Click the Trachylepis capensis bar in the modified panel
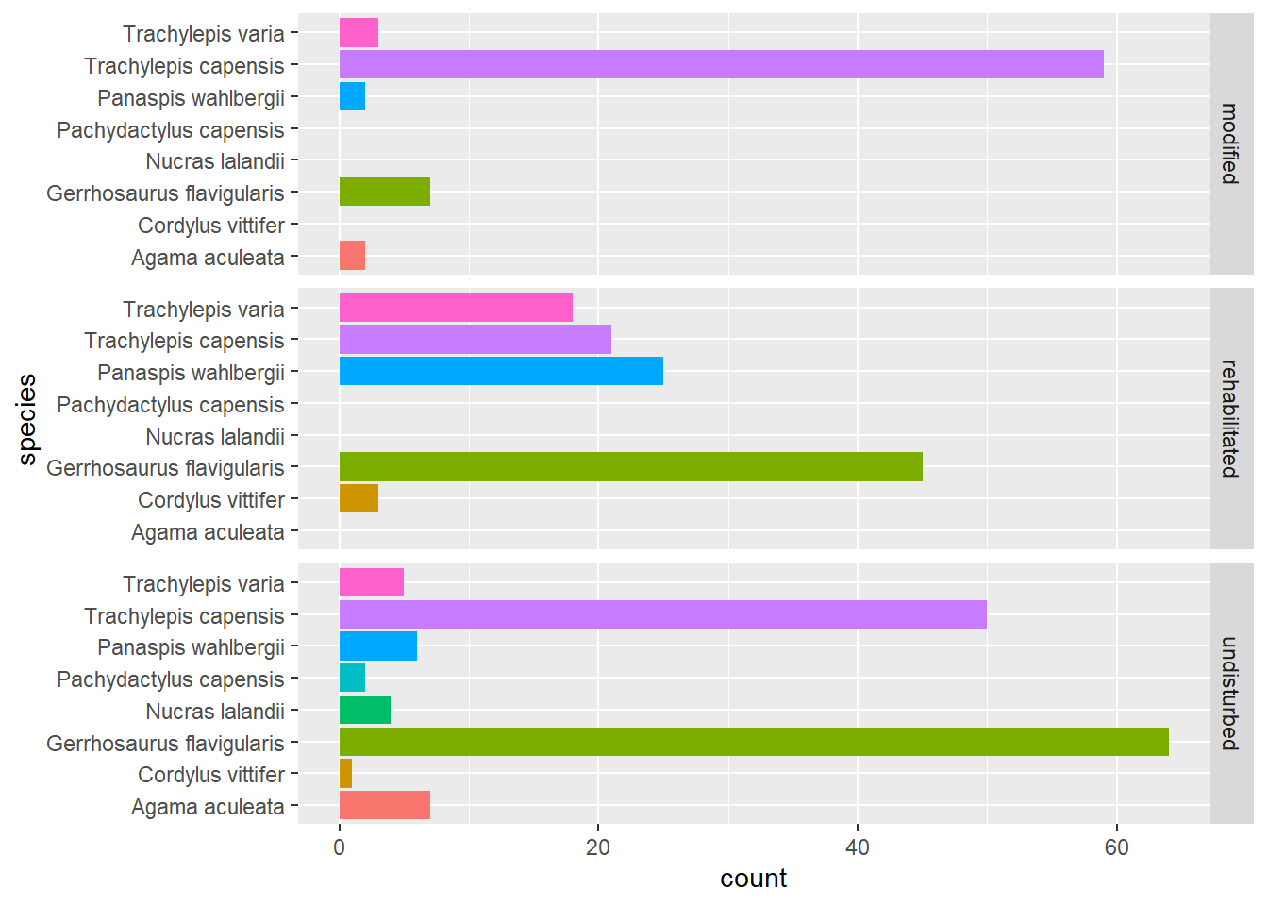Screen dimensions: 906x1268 pyautogui.click(x=721, y=65)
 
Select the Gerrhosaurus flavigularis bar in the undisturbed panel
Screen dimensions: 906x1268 pyautogui.click(x=754, y=743)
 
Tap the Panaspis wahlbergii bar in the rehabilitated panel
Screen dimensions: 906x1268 pyautogui.click(x=501, y=372)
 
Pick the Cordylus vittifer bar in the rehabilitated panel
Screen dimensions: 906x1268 pyautogui.click(x=359, y=499)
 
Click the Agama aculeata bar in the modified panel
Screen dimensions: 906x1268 pyautogui.click(x=352, y=256)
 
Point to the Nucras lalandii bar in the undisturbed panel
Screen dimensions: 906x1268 pyautogui.click(x=365, y=711)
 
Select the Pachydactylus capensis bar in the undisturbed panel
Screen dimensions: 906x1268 pyautogui.click(x=352, y=679)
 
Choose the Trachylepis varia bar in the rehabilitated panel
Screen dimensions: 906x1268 pyautogui.click(x=456, y=309)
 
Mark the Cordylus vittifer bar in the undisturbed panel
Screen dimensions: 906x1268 pyautogui.click(x=345, y=775)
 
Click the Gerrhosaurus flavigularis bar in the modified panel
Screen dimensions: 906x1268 pyautogui.click(x=384, y=193)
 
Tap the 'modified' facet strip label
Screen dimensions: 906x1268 pyautogui.click(x=1230, y=143)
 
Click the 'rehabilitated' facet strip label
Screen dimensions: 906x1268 pyautogui.click(x=1230, y=418)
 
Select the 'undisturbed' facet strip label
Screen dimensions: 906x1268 pyautogui.click(x=1230, y=694)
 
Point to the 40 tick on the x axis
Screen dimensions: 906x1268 pyautogui.click(x=857, y=847)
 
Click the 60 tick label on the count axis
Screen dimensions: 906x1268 pyautogui.click(x=1116, y=847)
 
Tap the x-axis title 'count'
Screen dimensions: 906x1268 pyautogui.click(x=753, y=879)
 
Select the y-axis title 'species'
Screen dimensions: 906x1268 pyautogui.click(x=27, y=419)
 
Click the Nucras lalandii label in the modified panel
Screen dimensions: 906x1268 pyautogui.click(x=215, y=161)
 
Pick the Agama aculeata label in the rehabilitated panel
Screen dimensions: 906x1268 pyautogui.click(x=208, y=532)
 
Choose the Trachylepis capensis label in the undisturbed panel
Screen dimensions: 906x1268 pyautogui.click(x=184, y=616)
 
